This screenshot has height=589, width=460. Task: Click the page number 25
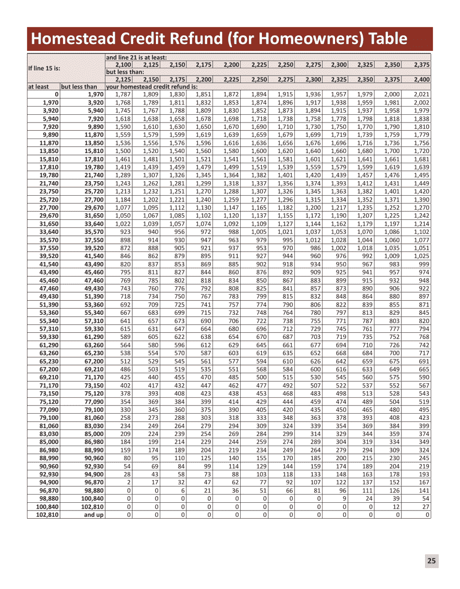point(431,561)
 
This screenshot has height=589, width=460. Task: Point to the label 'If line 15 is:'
point(45,68)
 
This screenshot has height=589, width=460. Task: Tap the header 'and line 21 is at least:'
point(137,58)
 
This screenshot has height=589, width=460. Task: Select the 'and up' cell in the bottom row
point(93,515)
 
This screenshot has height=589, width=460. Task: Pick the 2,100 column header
point(123,64)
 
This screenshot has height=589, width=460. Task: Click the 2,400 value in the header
point(422,79)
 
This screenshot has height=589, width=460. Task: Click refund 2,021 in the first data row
point(421,94)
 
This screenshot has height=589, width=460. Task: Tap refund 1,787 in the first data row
point(123,94)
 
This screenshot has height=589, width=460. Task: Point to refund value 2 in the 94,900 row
point(129,482)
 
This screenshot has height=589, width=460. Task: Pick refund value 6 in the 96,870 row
point(183,491)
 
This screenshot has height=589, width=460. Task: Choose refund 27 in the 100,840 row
point(426,507)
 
